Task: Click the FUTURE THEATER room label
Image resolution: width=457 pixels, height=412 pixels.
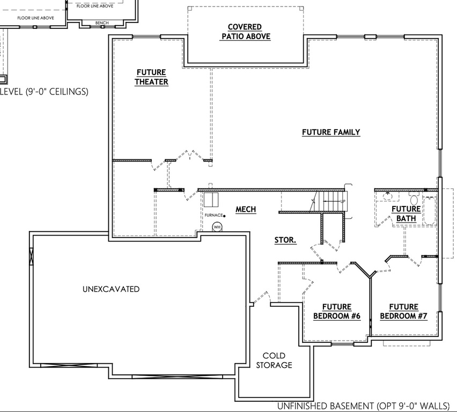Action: (x=151, y=77)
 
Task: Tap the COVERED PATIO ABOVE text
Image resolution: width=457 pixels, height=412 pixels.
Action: (x=245, y=32)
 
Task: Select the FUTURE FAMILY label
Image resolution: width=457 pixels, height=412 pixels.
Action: (x=330, y=132)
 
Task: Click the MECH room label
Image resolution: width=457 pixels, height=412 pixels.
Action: (x=246, y=209)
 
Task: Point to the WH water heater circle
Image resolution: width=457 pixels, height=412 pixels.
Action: (x=217, y=227)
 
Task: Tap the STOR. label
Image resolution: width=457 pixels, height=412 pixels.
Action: (x=285, y=240)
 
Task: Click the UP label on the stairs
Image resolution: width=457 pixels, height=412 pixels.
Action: (x=342, y=201)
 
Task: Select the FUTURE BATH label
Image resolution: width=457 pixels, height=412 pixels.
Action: (x=406, y=214)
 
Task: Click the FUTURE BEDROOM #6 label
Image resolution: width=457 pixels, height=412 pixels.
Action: (x=337, y=312)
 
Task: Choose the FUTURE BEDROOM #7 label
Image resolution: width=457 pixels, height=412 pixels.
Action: (x=404, y=312)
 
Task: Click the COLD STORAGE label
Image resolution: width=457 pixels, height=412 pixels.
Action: (x=274, y=360)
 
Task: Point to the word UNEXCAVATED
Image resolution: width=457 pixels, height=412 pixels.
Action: (x=111, y=289)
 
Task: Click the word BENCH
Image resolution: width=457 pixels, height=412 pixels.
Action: (x=101, y=23)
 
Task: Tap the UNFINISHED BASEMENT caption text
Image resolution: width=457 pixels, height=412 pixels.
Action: (x=363, y=406)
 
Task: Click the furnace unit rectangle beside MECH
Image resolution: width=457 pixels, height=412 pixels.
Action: (x=210, y=200)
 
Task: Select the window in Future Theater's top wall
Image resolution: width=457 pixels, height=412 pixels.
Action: (x=147, y=36)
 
